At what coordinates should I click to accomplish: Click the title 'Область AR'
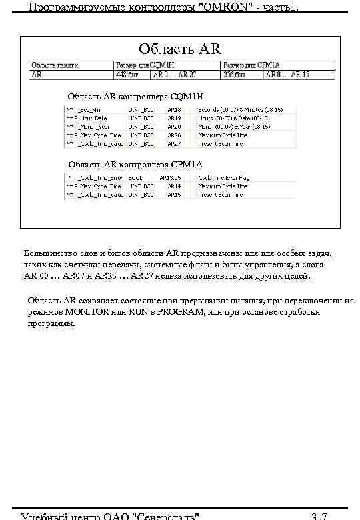tap(179, 49)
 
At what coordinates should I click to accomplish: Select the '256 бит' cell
tap(235, 75)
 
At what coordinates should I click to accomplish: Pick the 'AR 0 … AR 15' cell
tap(287, 75)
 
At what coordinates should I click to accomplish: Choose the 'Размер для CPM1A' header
tap(252, 65)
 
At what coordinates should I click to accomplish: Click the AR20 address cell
tap(174, 126)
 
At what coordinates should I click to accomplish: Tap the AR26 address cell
tap(174, 135)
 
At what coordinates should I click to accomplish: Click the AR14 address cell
tap(174, 186)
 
